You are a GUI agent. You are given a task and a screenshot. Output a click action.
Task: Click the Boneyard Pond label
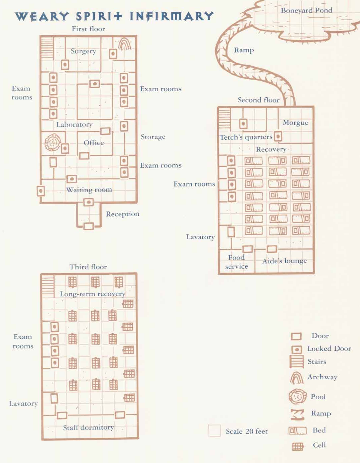tap(306, 10)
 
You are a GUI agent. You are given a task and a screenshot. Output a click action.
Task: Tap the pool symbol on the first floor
tap(52, 143)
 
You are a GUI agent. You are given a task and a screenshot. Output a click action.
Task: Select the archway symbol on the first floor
tap(124, 44)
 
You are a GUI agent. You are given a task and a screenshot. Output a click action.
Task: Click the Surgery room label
tap(83, 51)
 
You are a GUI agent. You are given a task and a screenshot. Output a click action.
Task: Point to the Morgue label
tap(295, 123)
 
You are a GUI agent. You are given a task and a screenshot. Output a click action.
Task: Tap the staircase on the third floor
tap(48, 286)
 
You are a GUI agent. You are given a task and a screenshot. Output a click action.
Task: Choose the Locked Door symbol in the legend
tap(296, 349)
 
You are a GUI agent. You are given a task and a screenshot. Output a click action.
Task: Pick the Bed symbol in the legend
tap(297, 431)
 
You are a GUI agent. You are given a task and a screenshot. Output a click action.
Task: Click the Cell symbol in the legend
tap(298, 446)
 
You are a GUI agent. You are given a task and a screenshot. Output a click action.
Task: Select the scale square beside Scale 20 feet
tap(214, 431)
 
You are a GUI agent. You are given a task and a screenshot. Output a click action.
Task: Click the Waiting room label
tap(89, 190)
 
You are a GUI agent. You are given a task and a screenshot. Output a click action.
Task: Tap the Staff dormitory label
tap(88, 427)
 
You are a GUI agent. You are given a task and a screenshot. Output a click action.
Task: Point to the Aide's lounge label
tap(284, 261)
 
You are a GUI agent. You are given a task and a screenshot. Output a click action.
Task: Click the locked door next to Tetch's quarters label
tap(278, 136)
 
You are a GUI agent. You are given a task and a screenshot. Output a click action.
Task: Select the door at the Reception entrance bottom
tap(88, 226)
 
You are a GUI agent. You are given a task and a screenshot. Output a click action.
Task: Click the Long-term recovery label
tap(92, 294)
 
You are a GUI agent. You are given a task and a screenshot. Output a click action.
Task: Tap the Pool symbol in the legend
tap(297, 397)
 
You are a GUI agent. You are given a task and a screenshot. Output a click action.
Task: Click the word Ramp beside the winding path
tap(244, 50)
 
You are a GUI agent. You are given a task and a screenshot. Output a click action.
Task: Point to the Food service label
tap(236, 262)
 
